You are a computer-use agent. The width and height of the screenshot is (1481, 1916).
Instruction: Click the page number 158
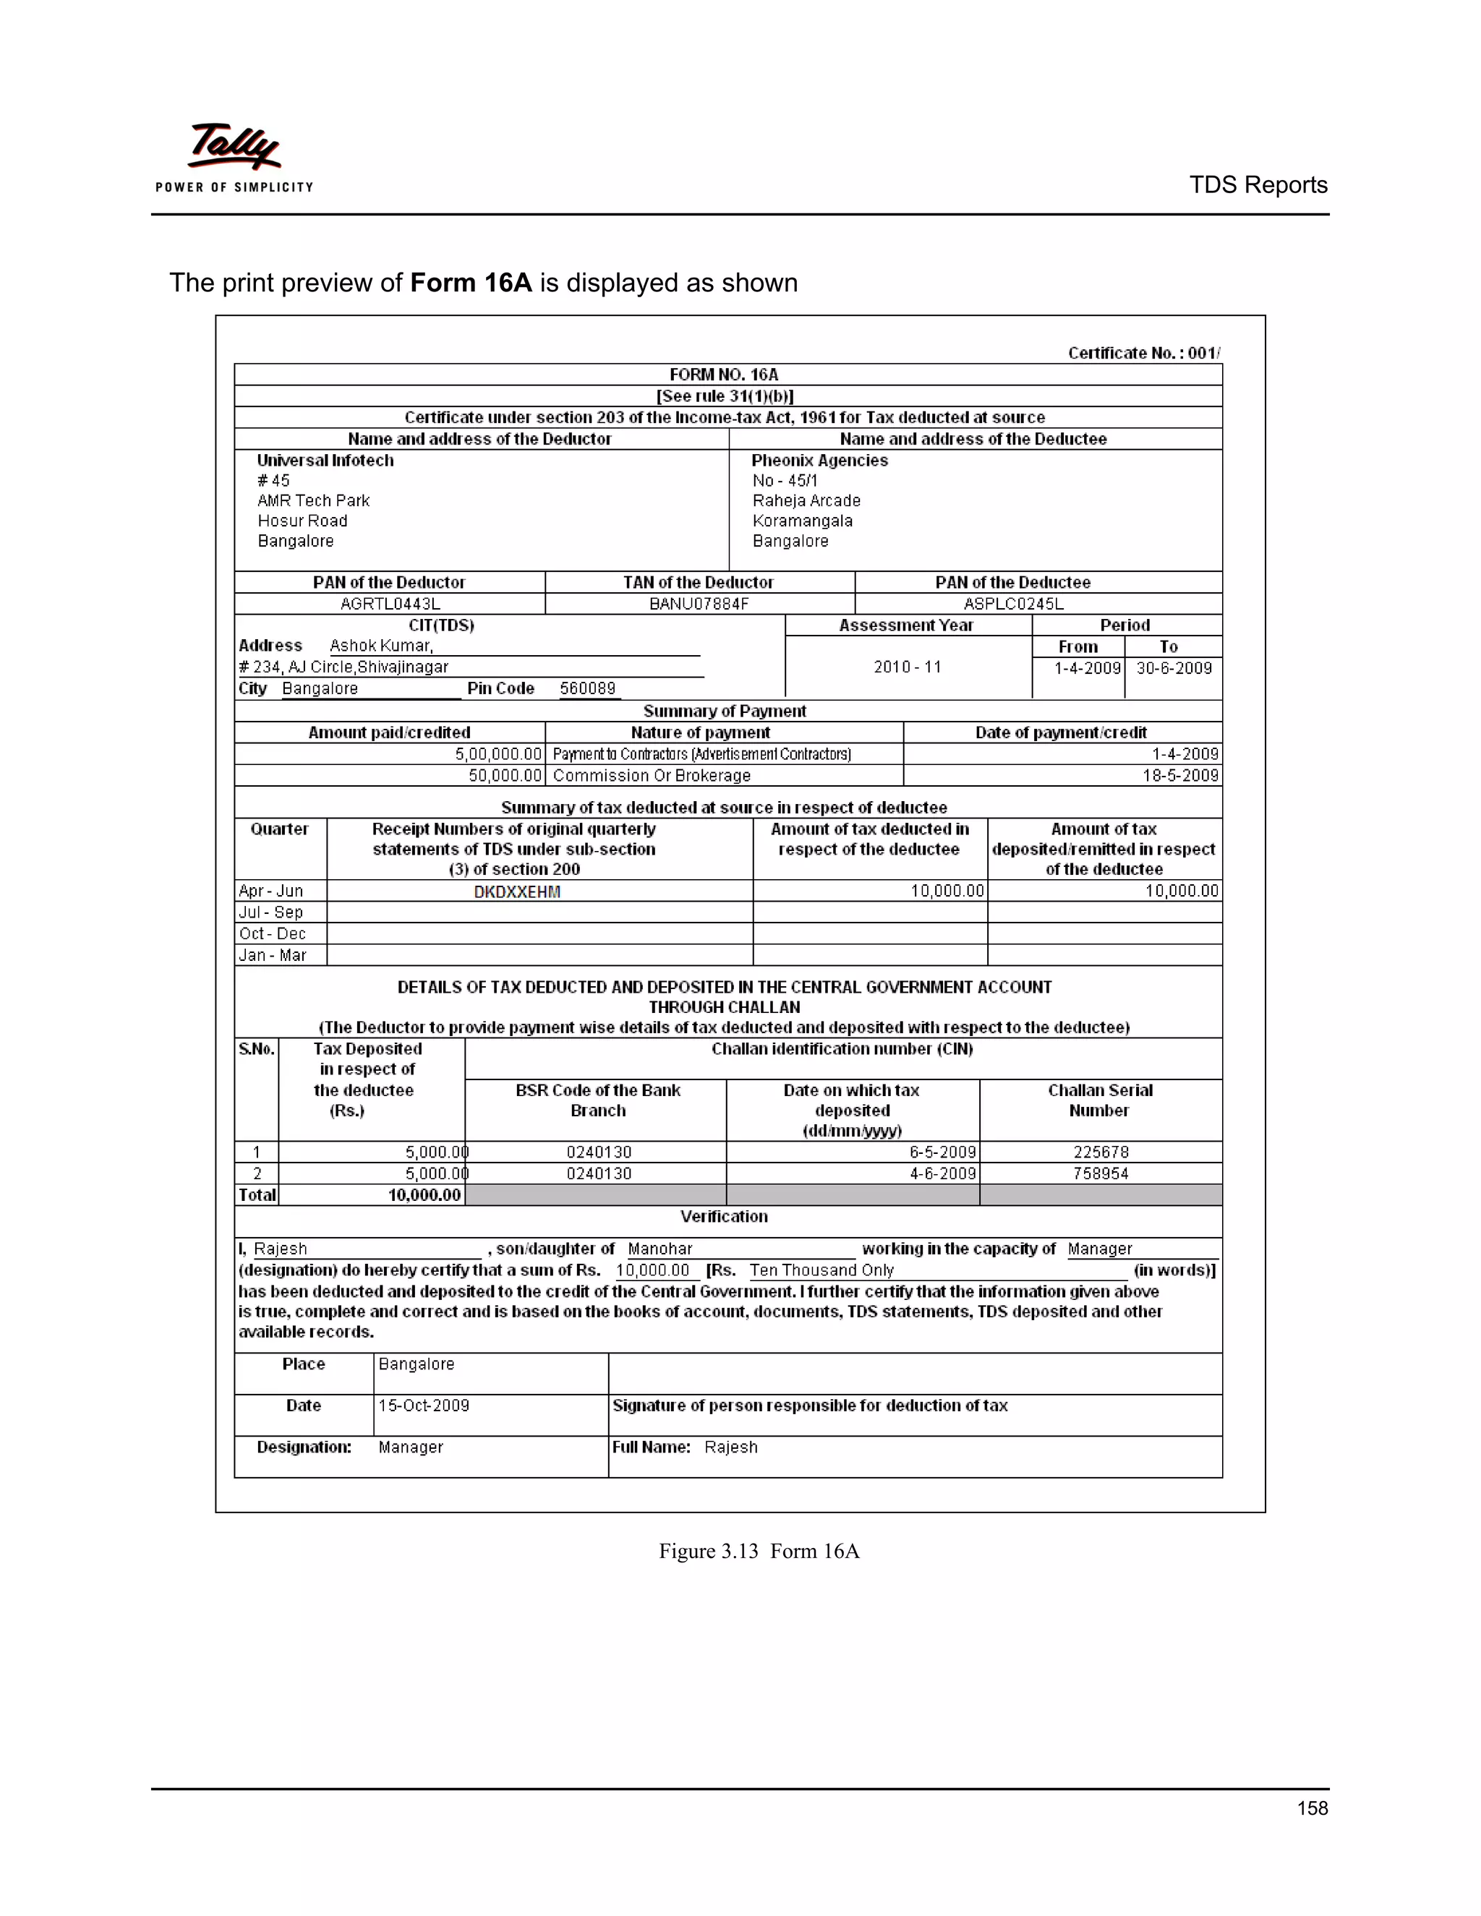pos(1312,1808)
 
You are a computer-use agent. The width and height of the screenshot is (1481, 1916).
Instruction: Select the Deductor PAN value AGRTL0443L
pos(390,604)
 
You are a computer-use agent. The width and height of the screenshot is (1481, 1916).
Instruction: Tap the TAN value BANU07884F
pos(699,604)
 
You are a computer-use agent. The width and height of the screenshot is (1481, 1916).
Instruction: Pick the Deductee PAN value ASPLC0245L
pos(1013,604)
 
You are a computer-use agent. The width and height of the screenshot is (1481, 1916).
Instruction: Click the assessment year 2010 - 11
pos(908,667)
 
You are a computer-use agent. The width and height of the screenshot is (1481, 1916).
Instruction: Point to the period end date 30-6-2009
pos(1173,667)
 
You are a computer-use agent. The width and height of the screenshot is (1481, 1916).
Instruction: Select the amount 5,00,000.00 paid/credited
pos(498,753)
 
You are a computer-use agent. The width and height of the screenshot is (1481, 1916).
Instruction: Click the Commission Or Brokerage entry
pos(651,776)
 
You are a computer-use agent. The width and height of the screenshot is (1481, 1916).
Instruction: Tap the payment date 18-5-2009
pos(1180,776)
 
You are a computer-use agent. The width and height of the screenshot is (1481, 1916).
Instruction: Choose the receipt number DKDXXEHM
pos(517,891)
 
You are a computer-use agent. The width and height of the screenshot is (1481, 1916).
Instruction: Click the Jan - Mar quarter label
pos(272,955)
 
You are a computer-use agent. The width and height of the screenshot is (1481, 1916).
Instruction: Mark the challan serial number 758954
pos(1100,1173)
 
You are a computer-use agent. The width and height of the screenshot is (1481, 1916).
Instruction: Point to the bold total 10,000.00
pos(424,1195)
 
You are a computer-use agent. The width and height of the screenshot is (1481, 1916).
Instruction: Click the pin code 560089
pos(587,688)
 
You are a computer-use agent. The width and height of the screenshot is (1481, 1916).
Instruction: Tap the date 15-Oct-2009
pos(424,1406)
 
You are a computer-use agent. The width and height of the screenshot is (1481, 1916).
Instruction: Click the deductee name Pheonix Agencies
pos(819,461)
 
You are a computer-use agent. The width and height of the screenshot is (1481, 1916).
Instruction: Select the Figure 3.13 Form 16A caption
pos(759,1551)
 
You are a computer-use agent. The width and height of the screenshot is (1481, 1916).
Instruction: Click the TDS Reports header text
pos(1258,185)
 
